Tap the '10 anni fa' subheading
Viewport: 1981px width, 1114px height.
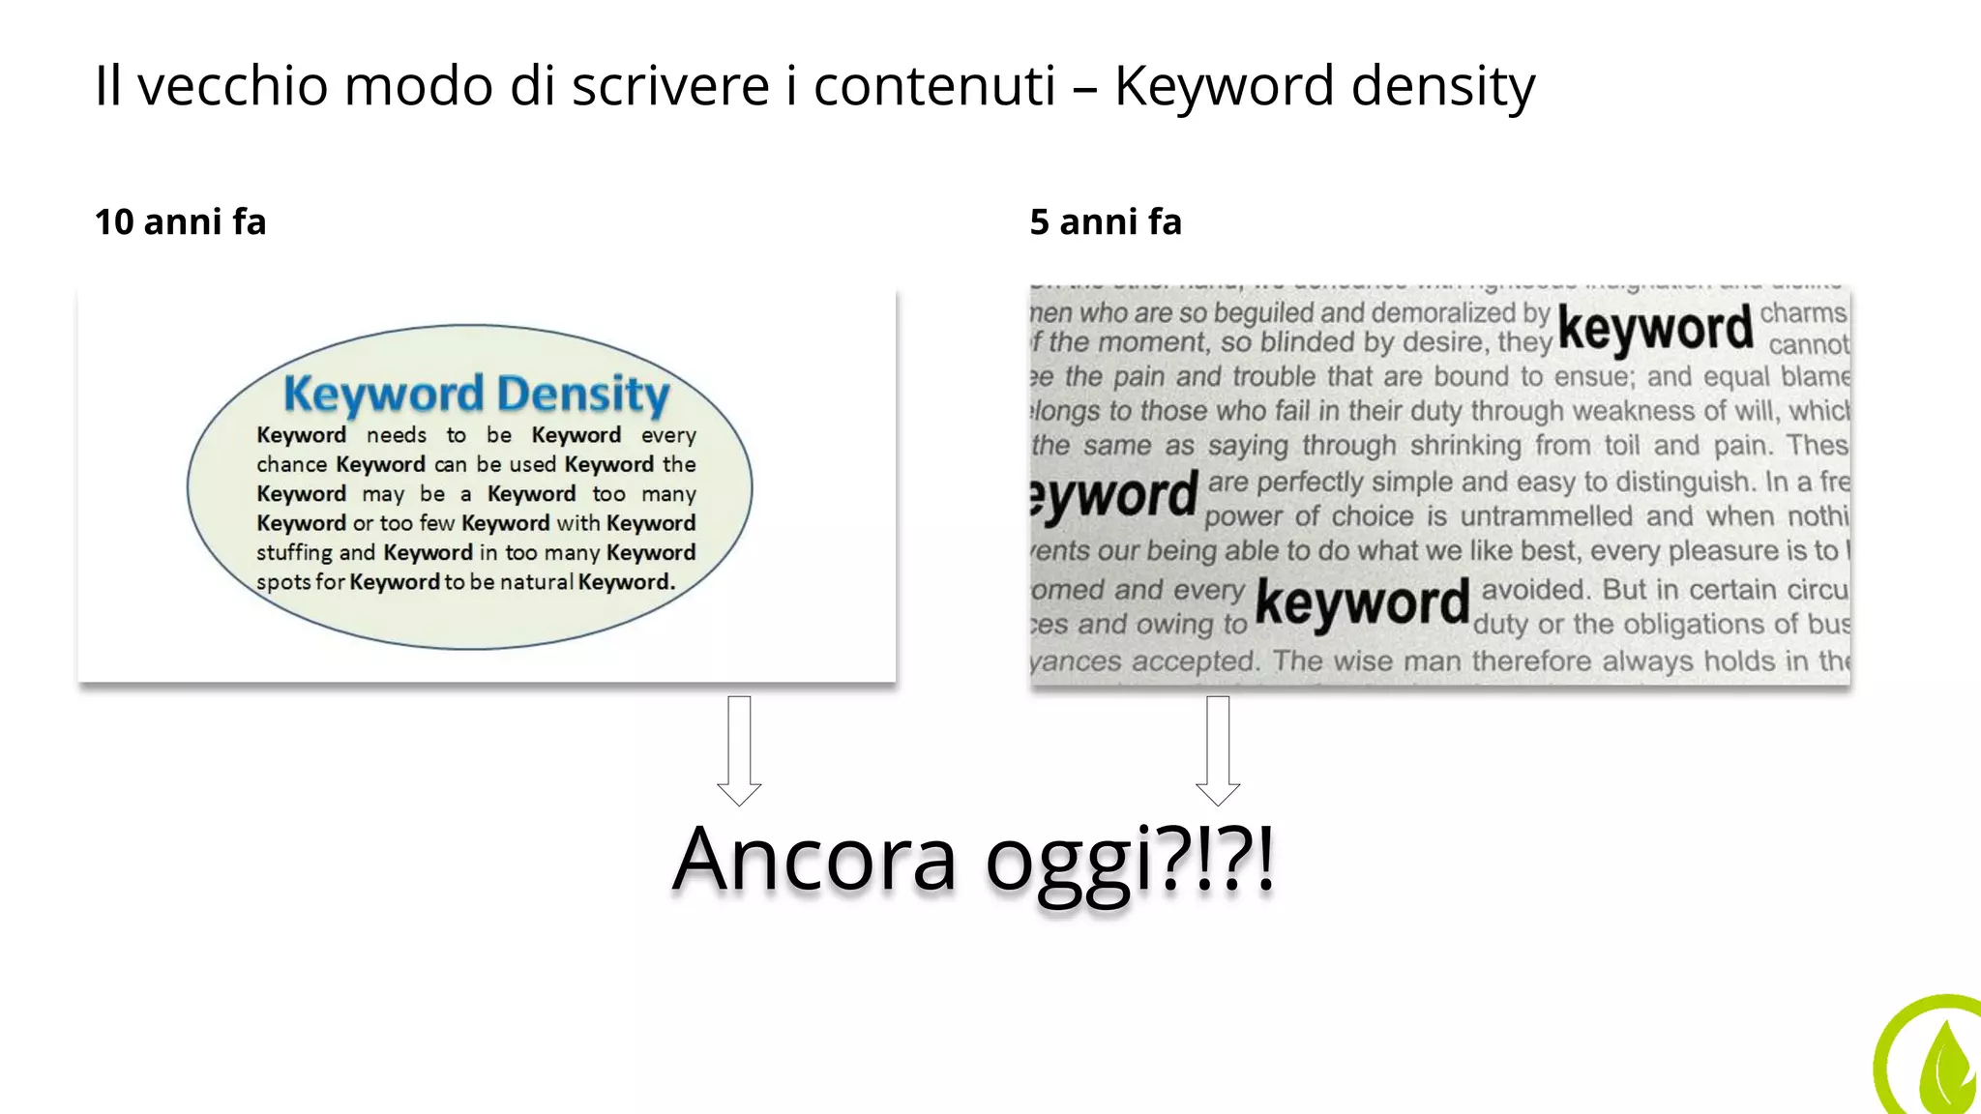[180, 222]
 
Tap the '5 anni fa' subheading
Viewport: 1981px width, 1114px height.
[1106, 222]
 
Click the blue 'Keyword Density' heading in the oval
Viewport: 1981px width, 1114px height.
[476, 394]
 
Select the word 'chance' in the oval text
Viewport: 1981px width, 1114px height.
[291, 465]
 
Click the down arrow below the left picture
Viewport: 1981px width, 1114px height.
[739, 750]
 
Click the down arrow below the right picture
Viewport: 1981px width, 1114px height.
[1218, 750]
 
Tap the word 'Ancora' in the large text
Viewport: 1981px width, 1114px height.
[814, 860]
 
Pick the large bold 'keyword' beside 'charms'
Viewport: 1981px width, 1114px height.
[1655, 329]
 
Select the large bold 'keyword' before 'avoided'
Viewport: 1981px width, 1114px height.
[1362, 603]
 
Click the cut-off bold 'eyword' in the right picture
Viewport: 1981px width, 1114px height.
[1114, 497]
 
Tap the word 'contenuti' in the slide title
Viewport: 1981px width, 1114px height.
[934, 86]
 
